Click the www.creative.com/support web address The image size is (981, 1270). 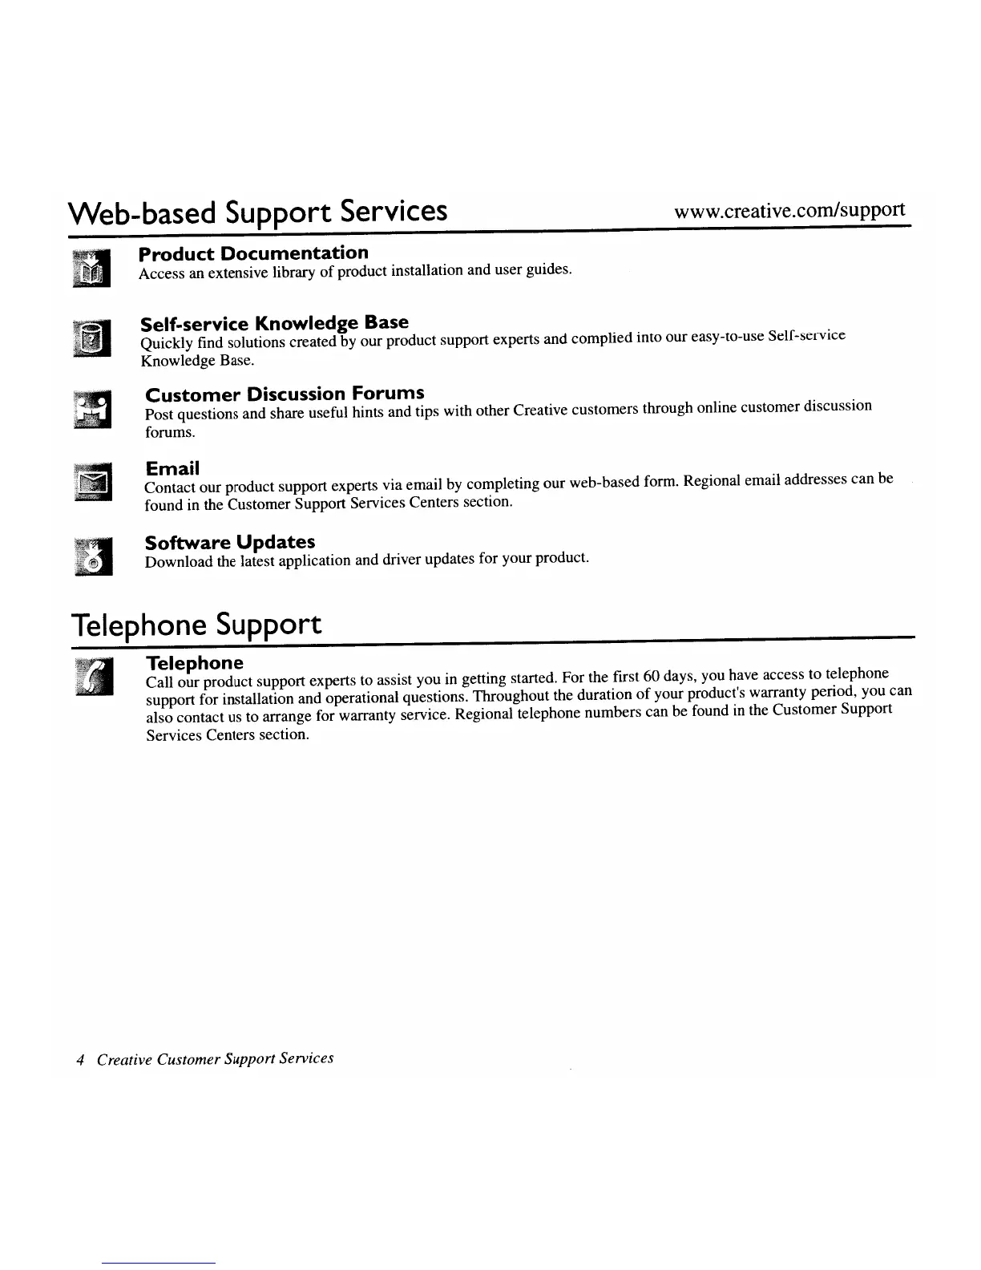click(x=789, y=212)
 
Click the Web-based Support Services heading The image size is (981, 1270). click(x=257, y=212)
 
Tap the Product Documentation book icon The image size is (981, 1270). click(x=93, y=267)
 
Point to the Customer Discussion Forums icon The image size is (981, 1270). click(x=93, y=410)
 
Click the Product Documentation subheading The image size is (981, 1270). click(x=253, y=254)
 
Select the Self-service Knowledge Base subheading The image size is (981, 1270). click(x=274, y=323)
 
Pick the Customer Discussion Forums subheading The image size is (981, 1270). click(x=285, y=394)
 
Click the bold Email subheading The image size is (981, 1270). click(x=172, y=468)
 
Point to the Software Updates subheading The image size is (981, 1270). click(x=230, y=542)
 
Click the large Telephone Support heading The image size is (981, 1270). click(x=196, y=625)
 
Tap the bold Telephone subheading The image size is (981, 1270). click(x=194, y=663)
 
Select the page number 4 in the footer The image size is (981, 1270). click(x=79, y=1060)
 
